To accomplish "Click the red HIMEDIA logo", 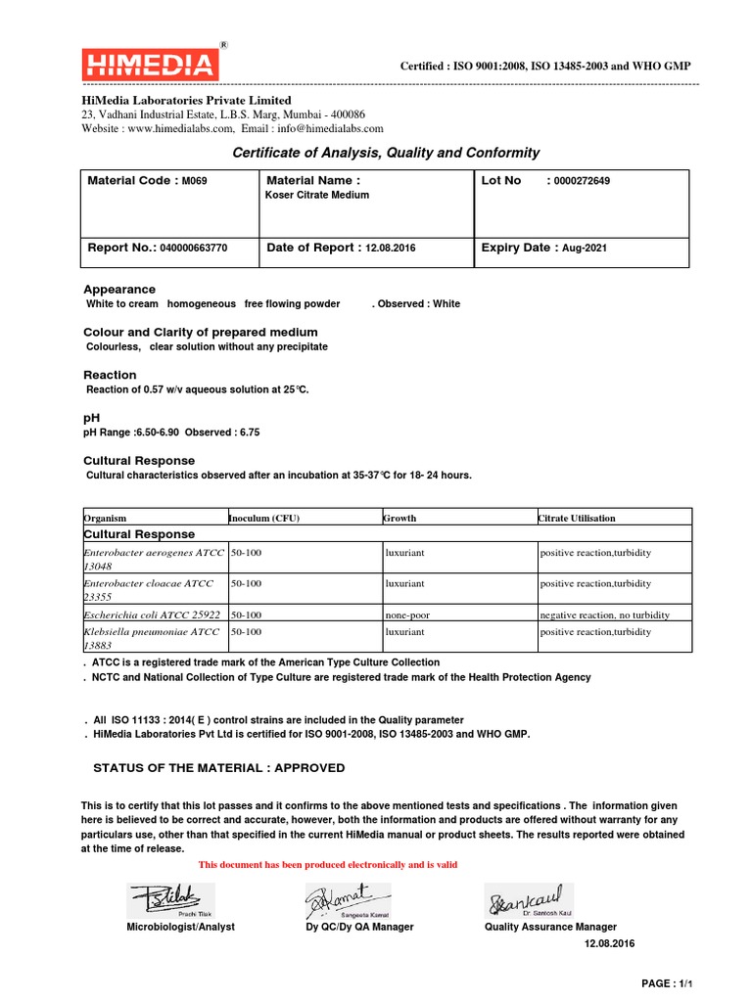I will [x=149, y=66].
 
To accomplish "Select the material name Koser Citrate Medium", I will [x=317, y=195].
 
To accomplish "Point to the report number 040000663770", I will [x=193, y=249].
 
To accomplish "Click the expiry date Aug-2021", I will [x=584, y=249].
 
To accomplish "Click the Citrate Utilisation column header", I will [x=577, y=518].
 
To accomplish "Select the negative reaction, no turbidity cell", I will [x=604, y=615].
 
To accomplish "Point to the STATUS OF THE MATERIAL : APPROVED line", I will [x=218, y=768].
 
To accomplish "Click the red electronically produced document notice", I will [x=328, y=865].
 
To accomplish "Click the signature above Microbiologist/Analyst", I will [x=169, y=898].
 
